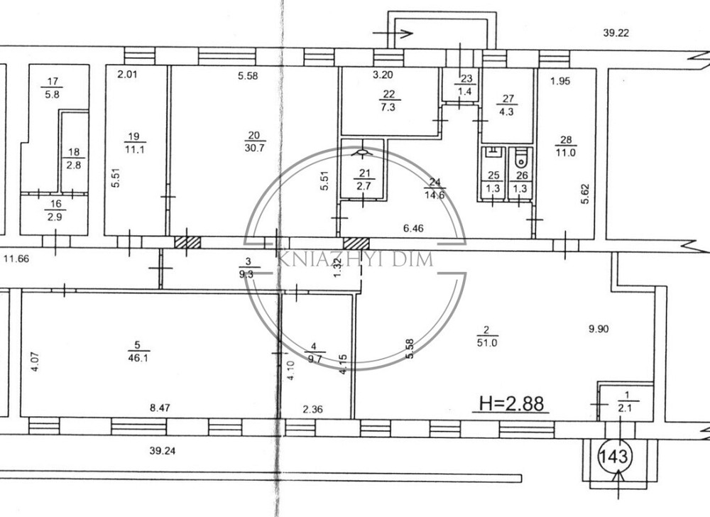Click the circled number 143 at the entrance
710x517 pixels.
(x=613, y=457)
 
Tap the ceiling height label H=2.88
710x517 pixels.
(x=511, y=403)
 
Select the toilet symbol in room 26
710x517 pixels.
(x=521, y=157)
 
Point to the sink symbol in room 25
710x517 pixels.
(x=493, y=152)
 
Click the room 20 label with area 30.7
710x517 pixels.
(x=254, y=141)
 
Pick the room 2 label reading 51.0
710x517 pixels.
(x=487, y=337)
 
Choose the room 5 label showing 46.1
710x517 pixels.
(x=138, y=352)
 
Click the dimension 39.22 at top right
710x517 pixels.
(x=616, y=33)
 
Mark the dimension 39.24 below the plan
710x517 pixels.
(x=162, y=450)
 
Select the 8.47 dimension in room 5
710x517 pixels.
(x=160, y=408)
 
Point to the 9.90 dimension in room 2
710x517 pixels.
(x=599, y=329)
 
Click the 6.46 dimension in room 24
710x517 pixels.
(x=413, y=228)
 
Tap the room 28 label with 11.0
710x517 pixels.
(x=566, y=146)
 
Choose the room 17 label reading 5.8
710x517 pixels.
(x=53, y=88)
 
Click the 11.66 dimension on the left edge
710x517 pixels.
(x=16, y=259)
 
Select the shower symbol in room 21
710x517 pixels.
(x=362, y=153)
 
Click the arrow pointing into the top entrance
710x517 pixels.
(x=392, y=33)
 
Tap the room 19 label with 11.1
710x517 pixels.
(x=134, y=143)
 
